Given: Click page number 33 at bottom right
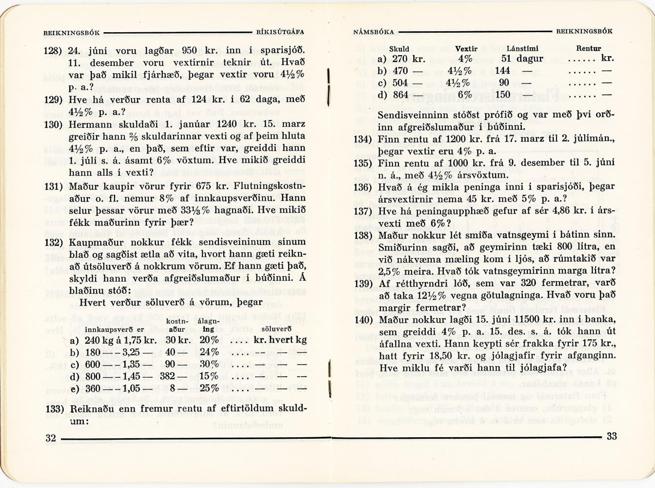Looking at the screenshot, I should coord(611,436).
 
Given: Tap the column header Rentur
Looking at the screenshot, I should coord(588,49).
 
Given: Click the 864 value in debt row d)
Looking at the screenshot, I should coord(401,94).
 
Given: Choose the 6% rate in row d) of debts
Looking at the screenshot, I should coord(465,94).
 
